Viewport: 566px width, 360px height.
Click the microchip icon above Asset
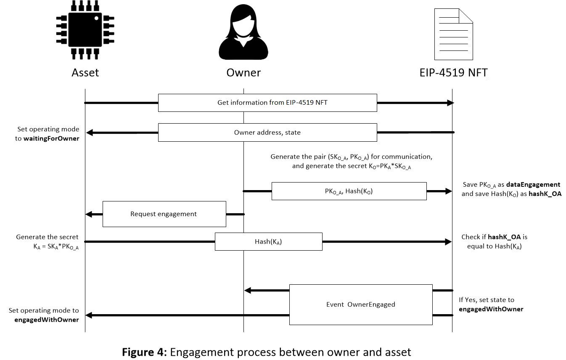(85, 29)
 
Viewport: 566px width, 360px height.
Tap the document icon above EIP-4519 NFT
(453, 34)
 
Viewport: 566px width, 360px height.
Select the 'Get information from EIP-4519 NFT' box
(267, 103)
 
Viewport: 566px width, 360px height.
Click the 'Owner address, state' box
(267, 132)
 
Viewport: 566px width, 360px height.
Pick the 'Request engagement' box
(164, 214)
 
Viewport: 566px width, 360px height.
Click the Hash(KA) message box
(268, 241)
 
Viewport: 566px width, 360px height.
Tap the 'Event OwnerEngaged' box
(360, 304)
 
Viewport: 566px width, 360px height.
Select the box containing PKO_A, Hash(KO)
(349, 191)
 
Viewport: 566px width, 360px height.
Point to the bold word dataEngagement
(533, 185)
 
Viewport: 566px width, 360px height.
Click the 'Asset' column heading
(85, 72)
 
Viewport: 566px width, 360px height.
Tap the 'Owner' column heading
(243, 72)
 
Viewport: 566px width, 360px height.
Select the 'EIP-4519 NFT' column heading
(453, 72)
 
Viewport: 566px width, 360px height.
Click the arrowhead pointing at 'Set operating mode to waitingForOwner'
(89, 133)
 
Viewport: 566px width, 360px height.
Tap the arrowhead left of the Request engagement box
(89, 214)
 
